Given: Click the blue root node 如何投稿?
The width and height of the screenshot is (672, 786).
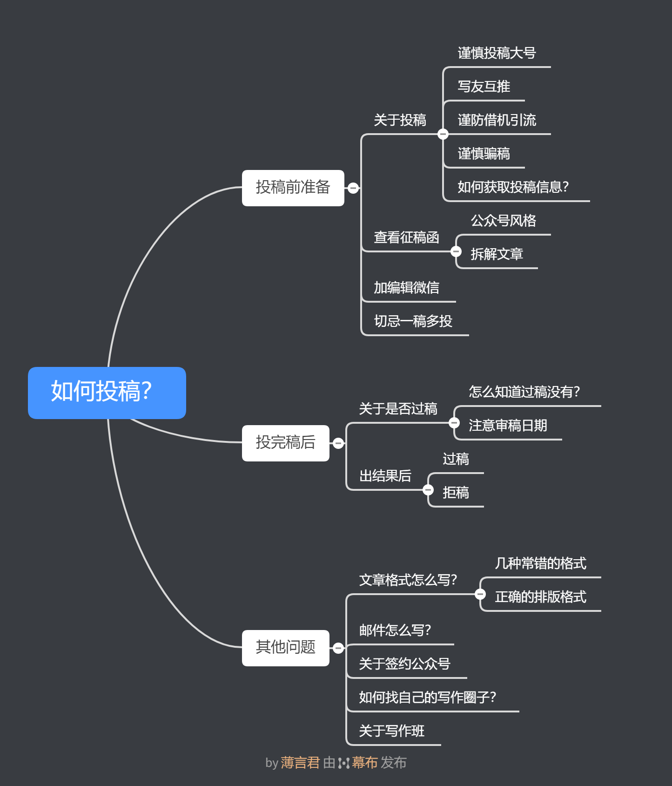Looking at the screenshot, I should point(107,393).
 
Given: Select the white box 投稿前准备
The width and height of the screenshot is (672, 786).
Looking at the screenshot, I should point(293,188).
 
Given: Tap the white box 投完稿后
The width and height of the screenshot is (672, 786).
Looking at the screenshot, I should point(285,443).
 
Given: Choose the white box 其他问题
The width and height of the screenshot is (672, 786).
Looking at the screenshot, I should point(285,648).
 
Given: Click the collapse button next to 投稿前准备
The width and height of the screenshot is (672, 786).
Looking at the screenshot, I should point(353,188).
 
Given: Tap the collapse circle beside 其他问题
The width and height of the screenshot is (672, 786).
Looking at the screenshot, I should point(338,648).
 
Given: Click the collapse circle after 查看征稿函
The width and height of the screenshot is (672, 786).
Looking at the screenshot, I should point(456,251).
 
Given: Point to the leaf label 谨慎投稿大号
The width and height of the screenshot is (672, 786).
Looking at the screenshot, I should point(497,53).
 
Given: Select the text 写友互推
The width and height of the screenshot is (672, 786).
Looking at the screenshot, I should point(484,87).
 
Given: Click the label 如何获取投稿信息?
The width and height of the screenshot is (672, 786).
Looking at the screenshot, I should point(513,187).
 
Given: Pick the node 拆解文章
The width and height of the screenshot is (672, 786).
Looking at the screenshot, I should point(497,254).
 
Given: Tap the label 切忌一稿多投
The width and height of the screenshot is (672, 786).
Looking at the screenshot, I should point(413,321).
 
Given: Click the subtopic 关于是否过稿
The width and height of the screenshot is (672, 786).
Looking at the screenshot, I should point(398,409).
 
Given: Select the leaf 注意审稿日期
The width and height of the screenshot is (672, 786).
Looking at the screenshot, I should point(508,426).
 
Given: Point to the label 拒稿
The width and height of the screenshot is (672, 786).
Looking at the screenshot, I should point(456,493).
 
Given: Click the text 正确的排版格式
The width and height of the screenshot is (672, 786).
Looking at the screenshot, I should point(540,597).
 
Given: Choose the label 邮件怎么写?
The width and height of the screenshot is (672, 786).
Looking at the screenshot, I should point(395,630).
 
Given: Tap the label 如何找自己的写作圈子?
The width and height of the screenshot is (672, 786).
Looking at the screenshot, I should point(427,698).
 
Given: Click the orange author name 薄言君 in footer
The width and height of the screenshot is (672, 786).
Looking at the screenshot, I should point(300,763).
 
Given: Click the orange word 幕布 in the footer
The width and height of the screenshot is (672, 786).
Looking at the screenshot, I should point(364,763).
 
